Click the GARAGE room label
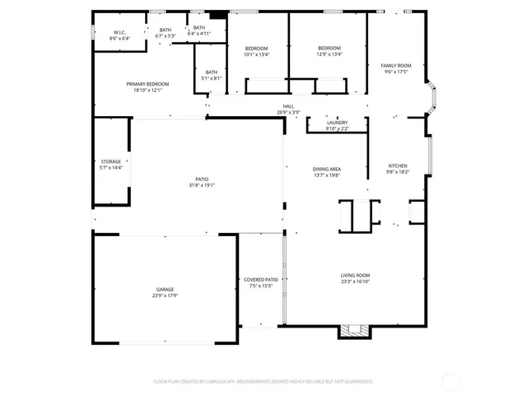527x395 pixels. coord(166,290)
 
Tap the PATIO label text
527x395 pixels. coord(202,179)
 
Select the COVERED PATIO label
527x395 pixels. coord(261,280)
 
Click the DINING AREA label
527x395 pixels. coord(327,169)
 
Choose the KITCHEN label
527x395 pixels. coord(398,165)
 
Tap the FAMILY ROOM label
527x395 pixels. coord(396,65)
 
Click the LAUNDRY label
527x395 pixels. coord(338,123)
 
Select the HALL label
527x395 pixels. coord(288,106)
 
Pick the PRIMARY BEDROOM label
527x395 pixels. coord(147,84)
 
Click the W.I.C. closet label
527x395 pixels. coord(119,34)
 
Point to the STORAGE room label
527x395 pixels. coord(110,161)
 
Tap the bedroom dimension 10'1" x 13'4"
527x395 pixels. coord(257,55)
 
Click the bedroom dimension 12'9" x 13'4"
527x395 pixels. coord(329,55)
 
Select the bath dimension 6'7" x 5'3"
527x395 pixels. coord(165,35)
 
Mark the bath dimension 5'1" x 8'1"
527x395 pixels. coord(212,78)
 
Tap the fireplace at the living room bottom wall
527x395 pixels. coord(356,330)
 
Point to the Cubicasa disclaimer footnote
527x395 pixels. coord(263,382)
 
